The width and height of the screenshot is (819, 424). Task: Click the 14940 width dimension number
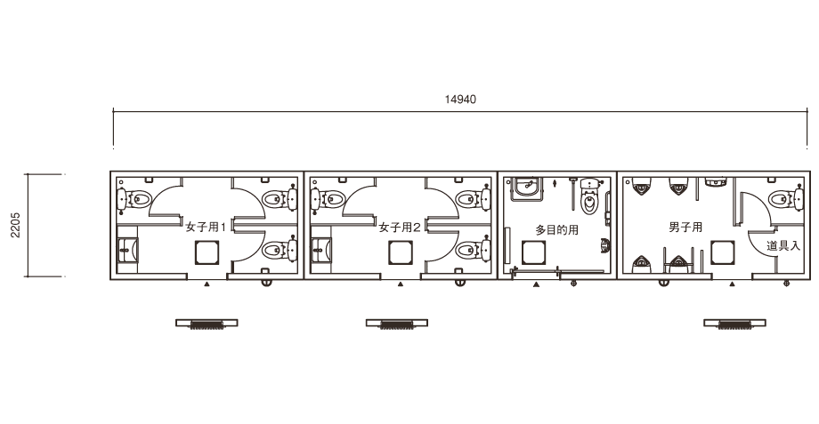click(x=460, y=99)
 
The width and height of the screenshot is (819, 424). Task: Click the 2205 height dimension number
click(x=16, y=225)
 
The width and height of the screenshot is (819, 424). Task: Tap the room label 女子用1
click(x=206, y=228)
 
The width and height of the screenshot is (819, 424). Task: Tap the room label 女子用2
click(x=400, y=228)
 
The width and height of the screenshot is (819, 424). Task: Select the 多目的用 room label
click(x=556, y=229)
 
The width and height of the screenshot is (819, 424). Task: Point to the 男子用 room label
click(x=685, y=227)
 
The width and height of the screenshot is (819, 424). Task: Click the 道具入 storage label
click(x=783, y=245)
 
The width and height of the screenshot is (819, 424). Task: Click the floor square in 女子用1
click(x=207, y=252)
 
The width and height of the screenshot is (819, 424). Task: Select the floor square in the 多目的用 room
click(x=535, y=252)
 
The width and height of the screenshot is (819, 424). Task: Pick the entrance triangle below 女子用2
click(x=401, y=284)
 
